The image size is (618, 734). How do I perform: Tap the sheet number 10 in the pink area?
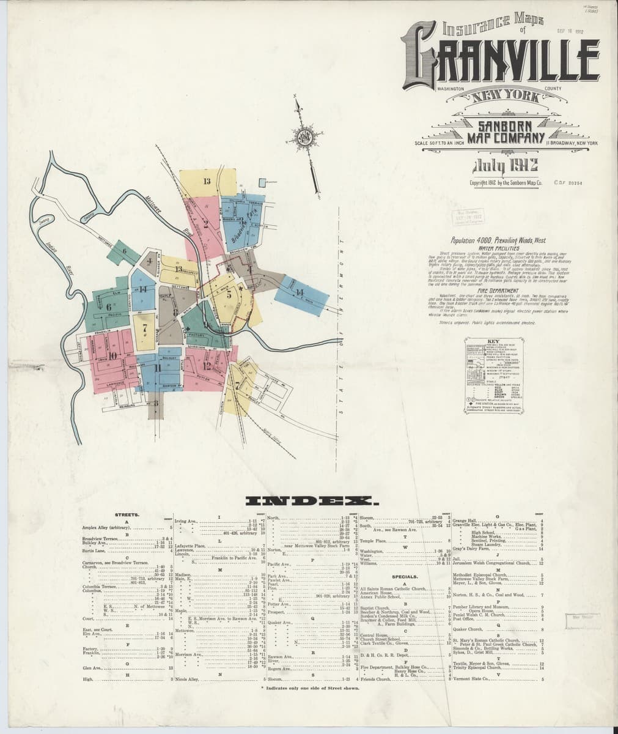tap(112, 356)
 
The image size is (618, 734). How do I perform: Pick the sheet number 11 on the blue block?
tap(158, 368)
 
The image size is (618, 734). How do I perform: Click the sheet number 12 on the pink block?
tap(207, 366)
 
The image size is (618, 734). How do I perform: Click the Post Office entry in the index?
tap(462, 619)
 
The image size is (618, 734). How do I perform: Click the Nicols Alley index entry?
tap(187, 679)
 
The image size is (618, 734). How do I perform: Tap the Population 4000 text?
tap(485, 241)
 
